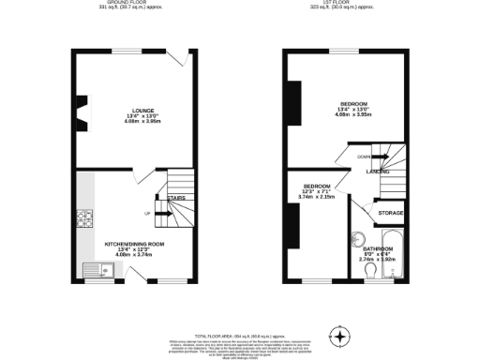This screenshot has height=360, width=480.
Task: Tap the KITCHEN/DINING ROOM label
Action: pos(134,244)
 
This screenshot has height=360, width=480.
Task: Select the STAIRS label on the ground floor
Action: pos(176,199)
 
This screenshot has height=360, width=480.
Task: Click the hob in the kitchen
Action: pos(87,221)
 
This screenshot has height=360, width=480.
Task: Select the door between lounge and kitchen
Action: pos(141,176)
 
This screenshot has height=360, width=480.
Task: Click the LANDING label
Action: pos(378,172)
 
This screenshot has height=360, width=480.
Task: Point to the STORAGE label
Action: pos(391,214)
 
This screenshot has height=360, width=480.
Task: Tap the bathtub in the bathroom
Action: pos(394,253)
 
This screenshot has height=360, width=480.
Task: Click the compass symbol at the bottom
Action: pos(340,336)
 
